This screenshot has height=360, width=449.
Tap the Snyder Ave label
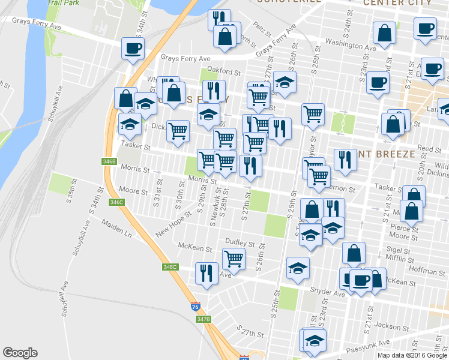point(327,293)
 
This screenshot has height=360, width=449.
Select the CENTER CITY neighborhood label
point(397,3)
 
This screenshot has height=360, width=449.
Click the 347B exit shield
point(203,319)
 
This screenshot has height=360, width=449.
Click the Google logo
point(20,353)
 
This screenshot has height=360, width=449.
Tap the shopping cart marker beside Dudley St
point(234,259)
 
